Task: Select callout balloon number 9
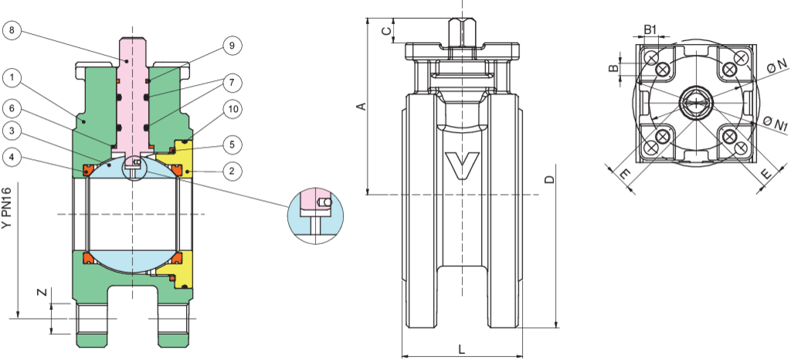click(230, 46)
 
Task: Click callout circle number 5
click(230, 144)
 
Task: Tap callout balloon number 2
click(230, 168)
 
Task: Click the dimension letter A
click(359, 106)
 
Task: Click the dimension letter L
click(461, 349)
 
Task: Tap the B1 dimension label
click(651, 29)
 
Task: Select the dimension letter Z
click(43, 292)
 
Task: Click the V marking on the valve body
click(462, 163)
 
